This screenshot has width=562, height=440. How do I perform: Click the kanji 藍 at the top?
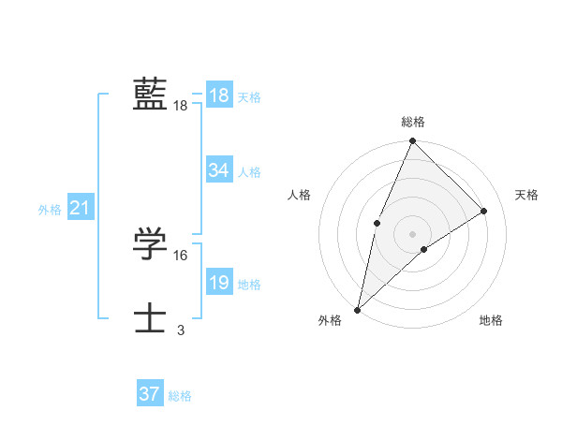(150, 95)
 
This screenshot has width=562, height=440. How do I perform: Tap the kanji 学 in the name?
(150, 245)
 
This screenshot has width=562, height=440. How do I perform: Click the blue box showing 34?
(219, 170)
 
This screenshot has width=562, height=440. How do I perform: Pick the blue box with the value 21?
(79, 209)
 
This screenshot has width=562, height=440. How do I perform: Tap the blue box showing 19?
(219, 284)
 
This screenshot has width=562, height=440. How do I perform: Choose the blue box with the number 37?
(149, 394)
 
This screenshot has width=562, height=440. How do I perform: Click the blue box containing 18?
(219, 95)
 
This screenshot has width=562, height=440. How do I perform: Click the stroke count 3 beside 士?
(181, 330)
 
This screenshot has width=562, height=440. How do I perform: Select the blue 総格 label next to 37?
(180, 396)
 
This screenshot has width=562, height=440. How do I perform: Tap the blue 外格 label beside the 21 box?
(50, 210)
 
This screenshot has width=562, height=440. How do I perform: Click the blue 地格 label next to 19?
(249, 285)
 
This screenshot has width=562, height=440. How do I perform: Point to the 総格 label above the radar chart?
(412, 122)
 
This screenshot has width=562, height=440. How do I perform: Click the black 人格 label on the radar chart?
(300, 195)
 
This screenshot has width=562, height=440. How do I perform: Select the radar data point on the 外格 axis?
(357, 309)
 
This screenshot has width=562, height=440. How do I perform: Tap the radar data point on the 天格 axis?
(484, 211)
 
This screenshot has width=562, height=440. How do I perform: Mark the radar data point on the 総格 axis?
(412, 141)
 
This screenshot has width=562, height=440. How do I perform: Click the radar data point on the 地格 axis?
(424, 249)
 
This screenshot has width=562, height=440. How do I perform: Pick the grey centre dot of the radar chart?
(412, 233)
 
